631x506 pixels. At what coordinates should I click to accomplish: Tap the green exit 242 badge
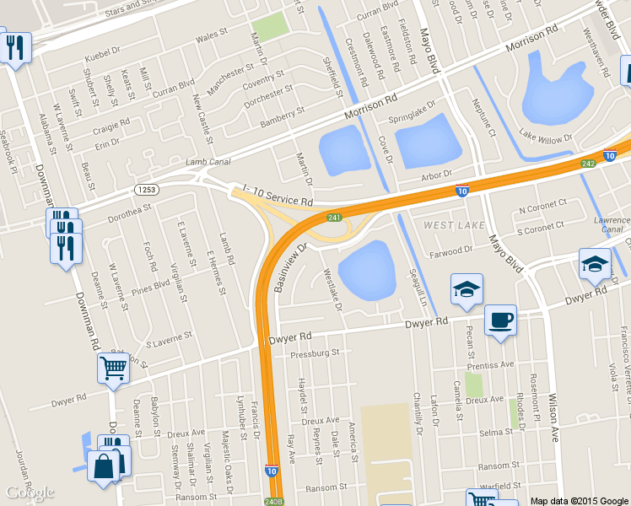588,162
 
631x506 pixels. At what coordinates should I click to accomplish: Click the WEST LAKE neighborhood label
454,225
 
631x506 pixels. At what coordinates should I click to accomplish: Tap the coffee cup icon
501,320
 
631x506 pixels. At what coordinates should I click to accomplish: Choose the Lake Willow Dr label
545,136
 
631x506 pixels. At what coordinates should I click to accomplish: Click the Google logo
30,493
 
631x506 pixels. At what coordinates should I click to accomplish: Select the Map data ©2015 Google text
578,500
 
